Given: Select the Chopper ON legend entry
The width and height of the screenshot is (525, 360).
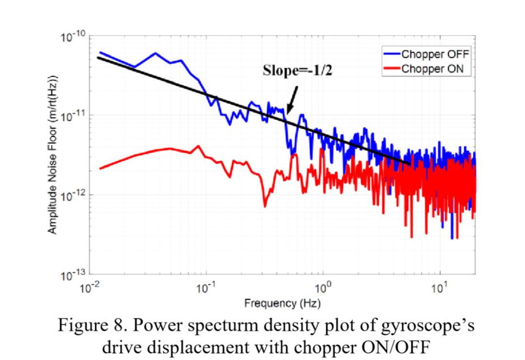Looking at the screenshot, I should click(x=433, y=69).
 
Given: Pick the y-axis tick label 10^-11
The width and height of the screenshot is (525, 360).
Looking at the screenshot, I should click(x=72, y=117).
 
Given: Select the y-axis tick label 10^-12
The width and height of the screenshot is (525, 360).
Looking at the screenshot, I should click(x=72, y=196).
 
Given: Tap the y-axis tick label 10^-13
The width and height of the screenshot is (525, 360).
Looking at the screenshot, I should click(x=72, y=275).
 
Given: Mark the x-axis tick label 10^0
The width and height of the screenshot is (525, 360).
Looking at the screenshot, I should click(x=323, y=288).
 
